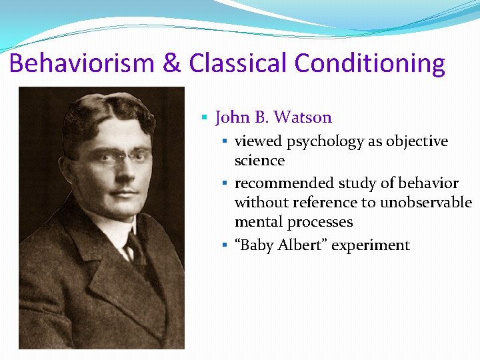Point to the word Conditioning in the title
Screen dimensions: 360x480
pyautogui.click(x=369, y=64)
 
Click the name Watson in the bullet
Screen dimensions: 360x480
pyautogui.click(x=303, y=118)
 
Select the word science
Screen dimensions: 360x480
pyautogui.click(x=259, y=161)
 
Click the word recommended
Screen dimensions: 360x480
pyautogui.click(x=284, y=183)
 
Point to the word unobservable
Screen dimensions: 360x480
pyautogui.click(x=426, y=203)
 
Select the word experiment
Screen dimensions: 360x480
pyautogui.click(x=371, y=245)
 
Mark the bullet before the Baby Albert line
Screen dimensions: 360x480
pyautogui.click(x=225, y=245)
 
